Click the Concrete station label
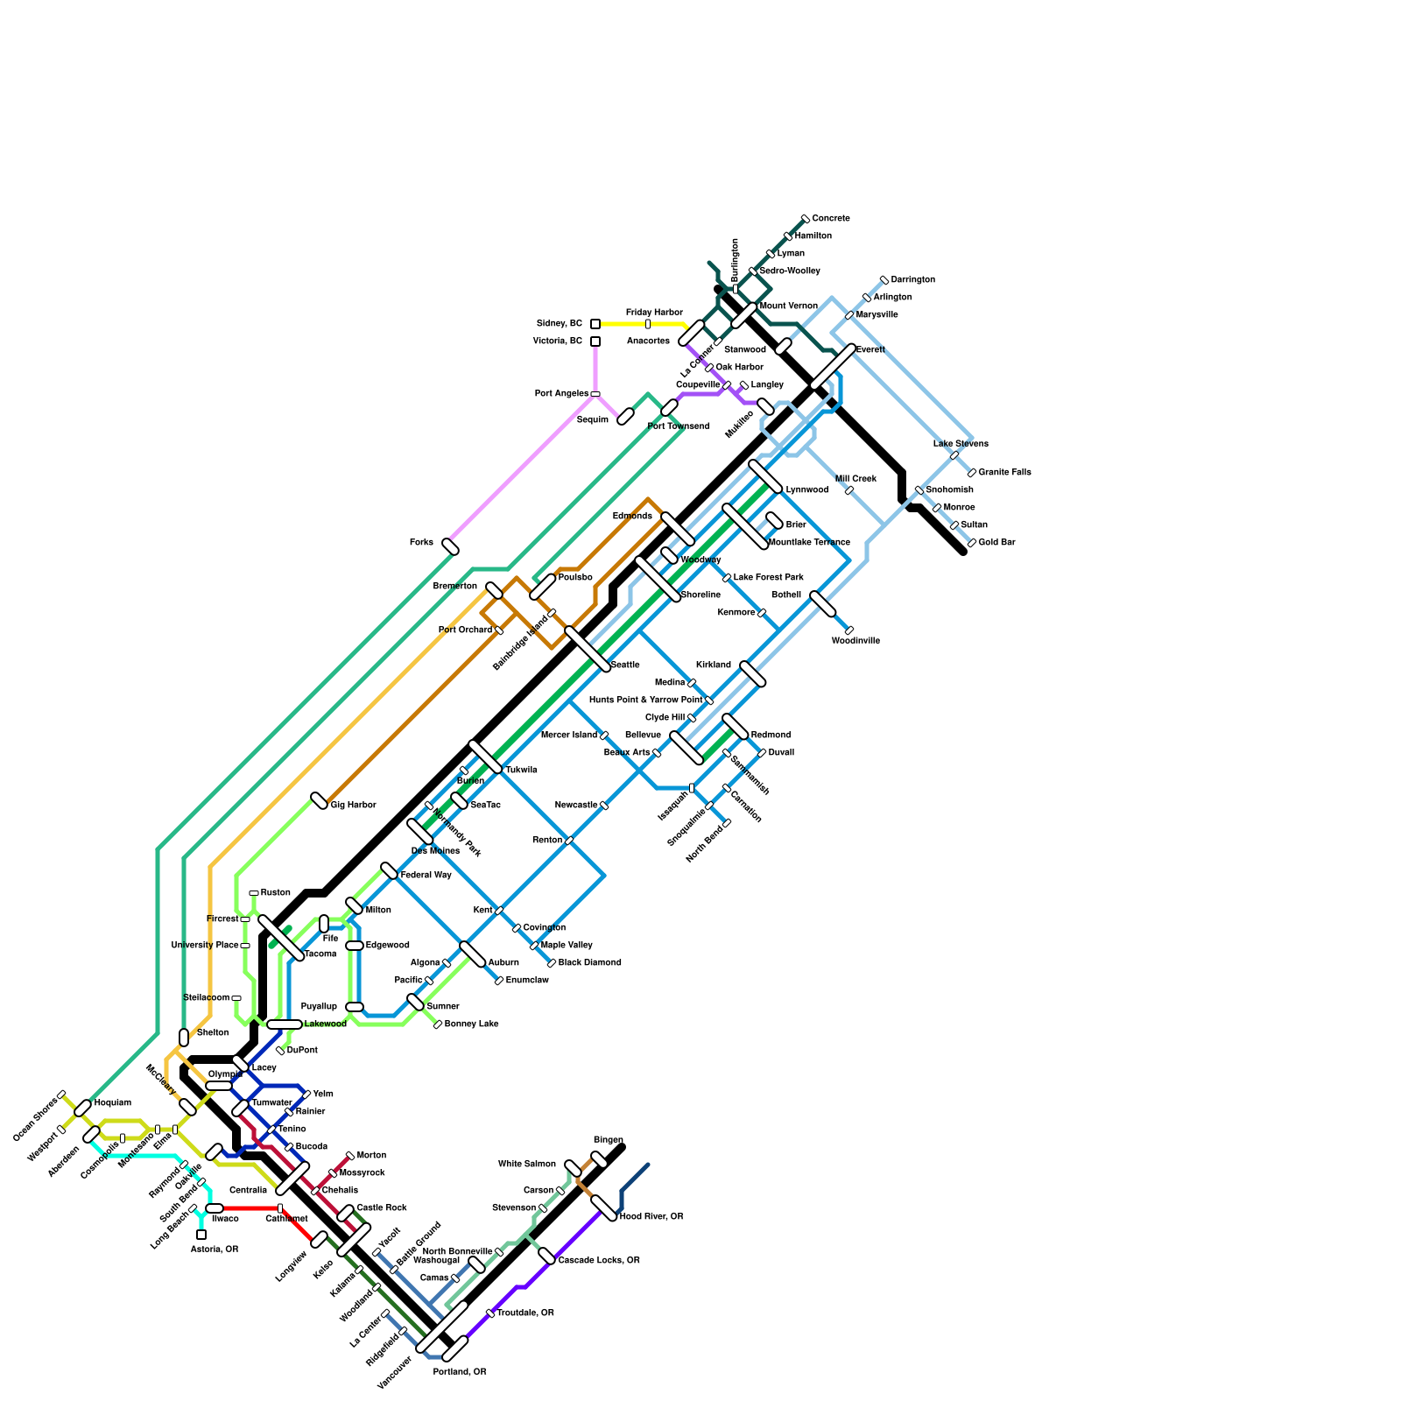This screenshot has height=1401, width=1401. tap(830, 218)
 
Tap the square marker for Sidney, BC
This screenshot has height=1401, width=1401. tap(595, 324)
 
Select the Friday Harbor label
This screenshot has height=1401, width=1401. tap(654, 313)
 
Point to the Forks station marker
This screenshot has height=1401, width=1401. tap(451, 547)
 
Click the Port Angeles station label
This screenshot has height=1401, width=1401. tap(561, 393)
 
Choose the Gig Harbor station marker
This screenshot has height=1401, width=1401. tap(320, 800)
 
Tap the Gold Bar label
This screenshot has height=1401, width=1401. tap(996, 542)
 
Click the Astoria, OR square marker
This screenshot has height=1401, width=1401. tap(201, 1235)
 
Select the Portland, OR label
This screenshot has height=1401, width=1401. tap(460, 1372)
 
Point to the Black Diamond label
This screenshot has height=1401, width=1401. tap(589, 962)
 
